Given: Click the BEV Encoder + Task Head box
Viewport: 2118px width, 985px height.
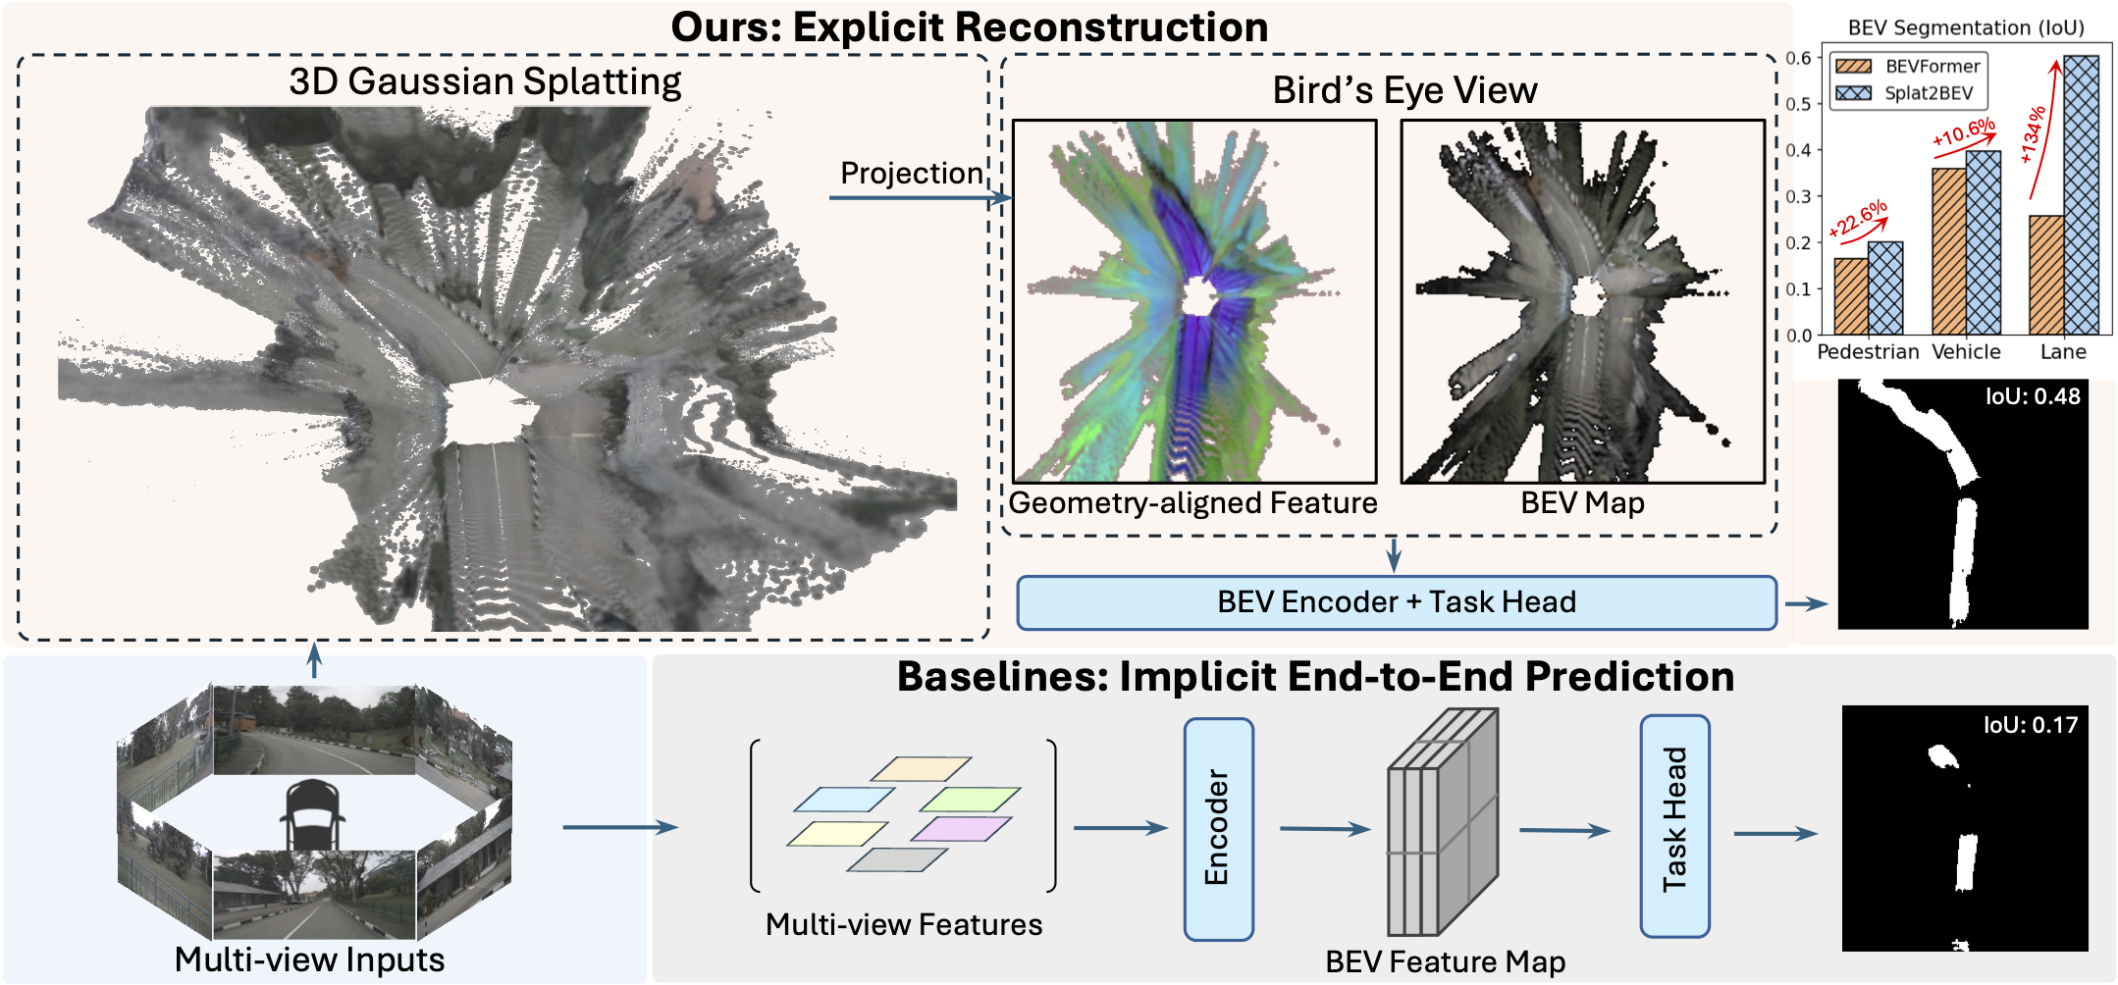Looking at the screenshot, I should tap(1396, 602).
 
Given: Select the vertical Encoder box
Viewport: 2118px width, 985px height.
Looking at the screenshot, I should tap(1218, 829).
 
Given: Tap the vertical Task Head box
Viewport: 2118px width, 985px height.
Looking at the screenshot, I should tap(1674, 825).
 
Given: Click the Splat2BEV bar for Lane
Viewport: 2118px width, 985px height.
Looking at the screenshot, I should tap(2081, 196).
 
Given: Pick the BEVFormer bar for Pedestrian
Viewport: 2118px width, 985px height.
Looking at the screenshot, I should tap(1850, 296).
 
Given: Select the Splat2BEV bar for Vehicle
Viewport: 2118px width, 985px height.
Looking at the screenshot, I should tap(1983, 242).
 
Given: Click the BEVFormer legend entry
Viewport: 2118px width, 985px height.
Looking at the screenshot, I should tap(1908, 67).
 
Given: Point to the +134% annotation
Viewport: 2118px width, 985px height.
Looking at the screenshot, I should tap(2033, 134).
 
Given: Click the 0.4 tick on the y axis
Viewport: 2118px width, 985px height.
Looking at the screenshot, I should tap(1798, 150).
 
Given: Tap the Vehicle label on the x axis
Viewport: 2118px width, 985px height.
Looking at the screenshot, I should tap(1966, 352).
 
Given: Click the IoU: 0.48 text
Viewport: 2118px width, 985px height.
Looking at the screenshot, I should tap(2032, 396).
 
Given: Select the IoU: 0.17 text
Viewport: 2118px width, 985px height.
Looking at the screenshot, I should tap(2030, 725).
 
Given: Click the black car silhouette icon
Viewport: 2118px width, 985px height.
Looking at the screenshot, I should tap(313, 813).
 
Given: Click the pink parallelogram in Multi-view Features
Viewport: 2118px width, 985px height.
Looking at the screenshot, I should tap(961, 829).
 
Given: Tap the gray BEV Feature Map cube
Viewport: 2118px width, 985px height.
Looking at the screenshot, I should tap(1442, 824).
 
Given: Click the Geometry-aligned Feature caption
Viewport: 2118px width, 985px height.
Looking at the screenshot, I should tap(1192, 503).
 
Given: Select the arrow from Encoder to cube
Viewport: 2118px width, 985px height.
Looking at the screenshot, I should tap(1324, 829).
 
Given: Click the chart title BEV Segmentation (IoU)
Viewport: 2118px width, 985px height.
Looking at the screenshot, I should tap(1965, 27).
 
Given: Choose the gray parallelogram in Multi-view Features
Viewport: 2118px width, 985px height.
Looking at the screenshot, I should tap(896, 860).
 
